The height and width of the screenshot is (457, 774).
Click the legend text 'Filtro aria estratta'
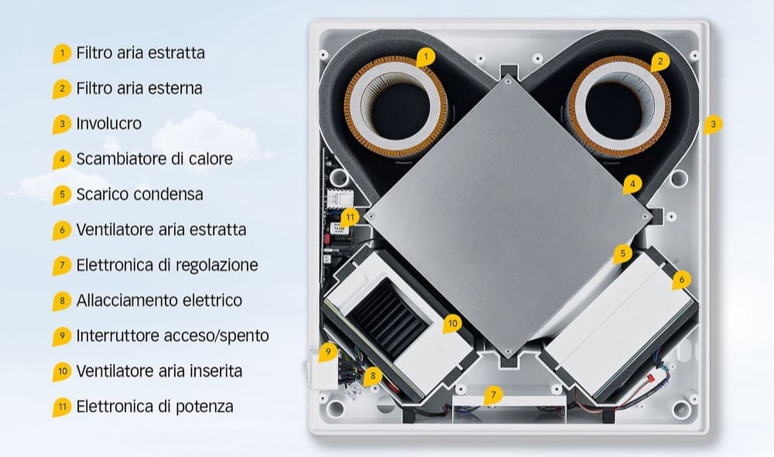click(140, 53)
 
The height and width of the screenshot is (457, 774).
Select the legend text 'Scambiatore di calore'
click(155, 159)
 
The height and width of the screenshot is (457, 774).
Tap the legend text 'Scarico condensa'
click(139, 194)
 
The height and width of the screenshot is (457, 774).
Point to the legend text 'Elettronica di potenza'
click(155, 407)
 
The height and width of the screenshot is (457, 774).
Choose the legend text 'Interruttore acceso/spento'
click(173, 336)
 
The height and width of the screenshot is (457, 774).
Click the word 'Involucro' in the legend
click(108, 123)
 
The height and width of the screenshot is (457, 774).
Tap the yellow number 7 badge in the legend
click(62, 266)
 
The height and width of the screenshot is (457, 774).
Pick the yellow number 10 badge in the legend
click(62, 372)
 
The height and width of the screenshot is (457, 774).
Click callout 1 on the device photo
click(426, 57)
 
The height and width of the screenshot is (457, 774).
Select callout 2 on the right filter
click(660, 62)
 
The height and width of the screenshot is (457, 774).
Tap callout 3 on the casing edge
click(713, 124)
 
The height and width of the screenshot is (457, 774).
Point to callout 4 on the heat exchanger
click(632, 184)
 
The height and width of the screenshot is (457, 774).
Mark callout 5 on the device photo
click(623, 254)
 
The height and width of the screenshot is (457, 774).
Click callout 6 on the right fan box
click(682, 280)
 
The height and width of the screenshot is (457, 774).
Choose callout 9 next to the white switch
click(327, 353)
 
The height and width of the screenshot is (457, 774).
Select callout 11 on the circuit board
click(350, 217)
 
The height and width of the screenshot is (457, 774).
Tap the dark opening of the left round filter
click(396, 109)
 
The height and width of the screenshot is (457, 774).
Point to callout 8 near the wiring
click(373, 376)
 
